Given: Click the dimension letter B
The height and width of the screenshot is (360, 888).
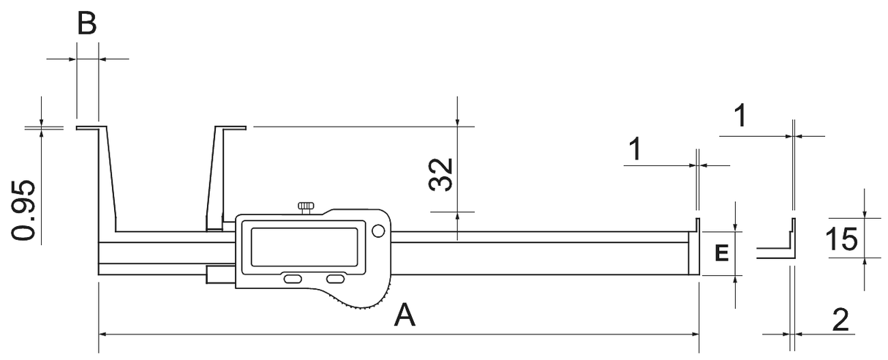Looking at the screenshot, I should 87,23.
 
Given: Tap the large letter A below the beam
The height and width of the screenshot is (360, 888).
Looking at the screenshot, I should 405,315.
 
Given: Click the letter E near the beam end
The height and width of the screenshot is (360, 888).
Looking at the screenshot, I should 720,254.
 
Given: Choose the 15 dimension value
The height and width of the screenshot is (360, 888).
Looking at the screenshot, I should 844,239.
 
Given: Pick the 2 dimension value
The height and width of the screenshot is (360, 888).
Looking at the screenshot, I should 841,320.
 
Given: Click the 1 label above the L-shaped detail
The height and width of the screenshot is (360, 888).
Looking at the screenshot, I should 740,116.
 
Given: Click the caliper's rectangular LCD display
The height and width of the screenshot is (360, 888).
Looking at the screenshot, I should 304,247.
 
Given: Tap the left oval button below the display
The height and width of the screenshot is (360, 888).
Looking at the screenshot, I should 293,280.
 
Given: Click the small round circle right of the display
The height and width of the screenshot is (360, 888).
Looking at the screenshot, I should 377,232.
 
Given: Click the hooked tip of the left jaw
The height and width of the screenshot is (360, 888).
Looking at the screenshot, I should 87,127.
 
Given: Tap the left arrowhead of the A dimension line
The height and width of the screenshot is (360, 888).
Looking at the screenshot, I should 103,334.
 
